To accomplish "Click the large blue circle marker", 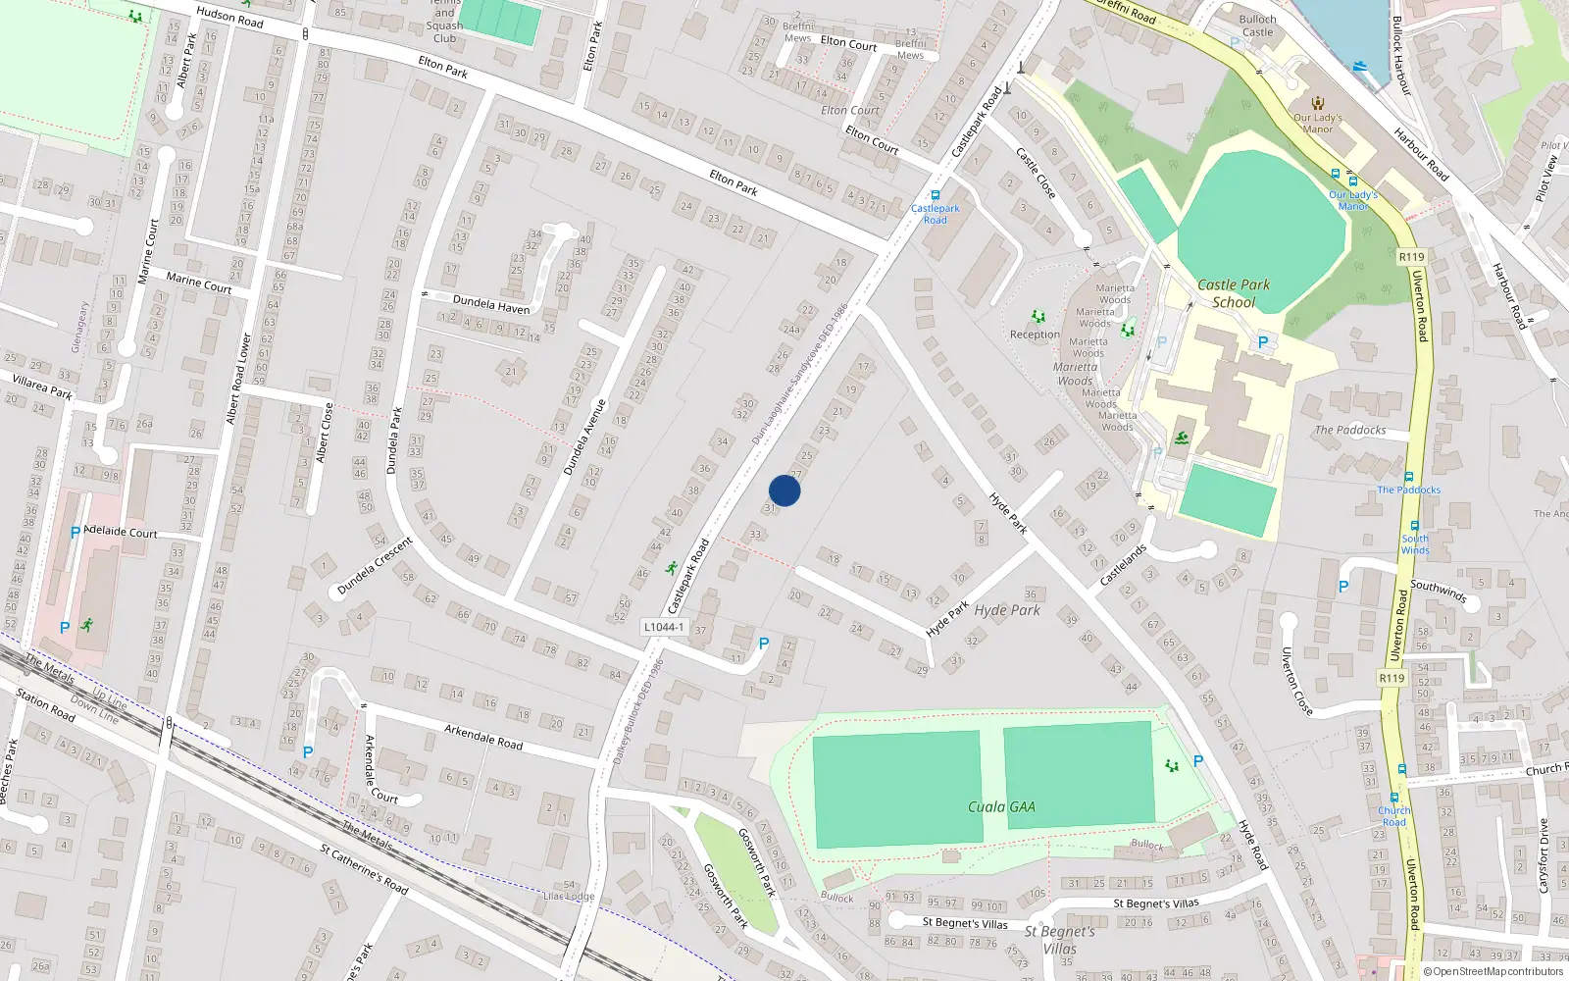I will [784, 490].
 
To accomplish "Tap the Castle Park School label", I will [1234, 293].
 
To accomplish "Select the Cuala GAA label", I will [1001, 806].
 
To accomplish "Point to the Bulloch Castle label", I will [1257, 26].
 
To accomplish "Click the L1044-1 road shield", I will [664, 627].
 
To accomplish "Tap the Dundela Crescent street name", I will [375, 566].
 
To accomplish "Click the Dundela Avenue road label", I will [584, 438].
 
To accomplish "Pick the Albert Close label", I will [324, 433].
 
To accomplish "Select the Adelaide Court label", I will [121, 532].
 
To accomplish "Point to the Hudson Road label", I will [229, 17].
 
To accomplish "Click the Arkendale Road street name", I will [483, 737].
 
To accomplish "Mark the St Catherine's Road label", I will [364, 868].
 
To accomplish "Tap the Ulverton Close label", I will [1296, 681].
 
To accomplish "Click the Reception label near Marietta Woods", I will [1035, 335].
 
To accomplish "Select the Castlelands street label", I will [1123, 565].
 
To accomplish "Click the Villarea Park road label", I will [42, 386].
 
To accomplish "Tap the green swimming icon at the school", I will [1182, 438].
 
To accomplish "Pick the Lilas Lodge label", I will [569, 896].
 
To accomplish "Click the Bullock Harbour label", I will [1400, 55].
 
